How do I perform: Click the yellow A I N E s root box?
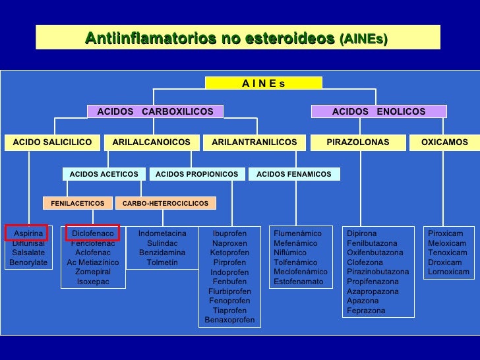click(x=263, y=83)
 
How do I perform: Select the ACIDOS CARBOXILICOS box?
click(x=155, y=111)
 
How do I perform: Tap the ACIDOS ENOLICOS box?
click(x=378, y=111)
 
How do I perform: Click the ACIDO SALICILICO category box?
click(x=52, y=142)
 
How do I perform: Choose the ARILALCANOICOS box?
click(x=151, y=142)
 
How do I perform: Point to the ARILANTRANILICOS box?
click(x=254, y=142)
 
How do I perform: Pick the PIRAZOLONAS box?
click(x=357, y=142)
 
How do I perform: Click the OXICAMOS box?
click(x=444, y=142)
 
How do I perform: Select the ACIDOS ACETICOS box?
click(x=104, y=174)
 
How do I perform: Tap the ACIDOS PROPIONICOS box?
click(x=196, y=174)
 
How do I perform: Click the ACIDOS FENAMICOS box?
click(x=293, y=174)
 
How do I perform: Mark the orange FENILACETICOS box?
click(x=77, y=204)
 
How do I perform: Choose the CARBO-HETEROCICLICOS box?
click(x=165, y=204)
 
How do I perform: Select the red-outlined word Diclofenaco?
click(x=93, y=233)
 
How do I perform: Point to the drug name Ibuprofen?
click(x=229, y=233)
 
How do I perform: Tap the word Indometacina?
click(x=162, y=233)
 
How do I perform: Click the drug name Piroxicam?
click(x=446, y=233)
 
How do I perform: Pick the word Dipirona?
click(x=362, y=233)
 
